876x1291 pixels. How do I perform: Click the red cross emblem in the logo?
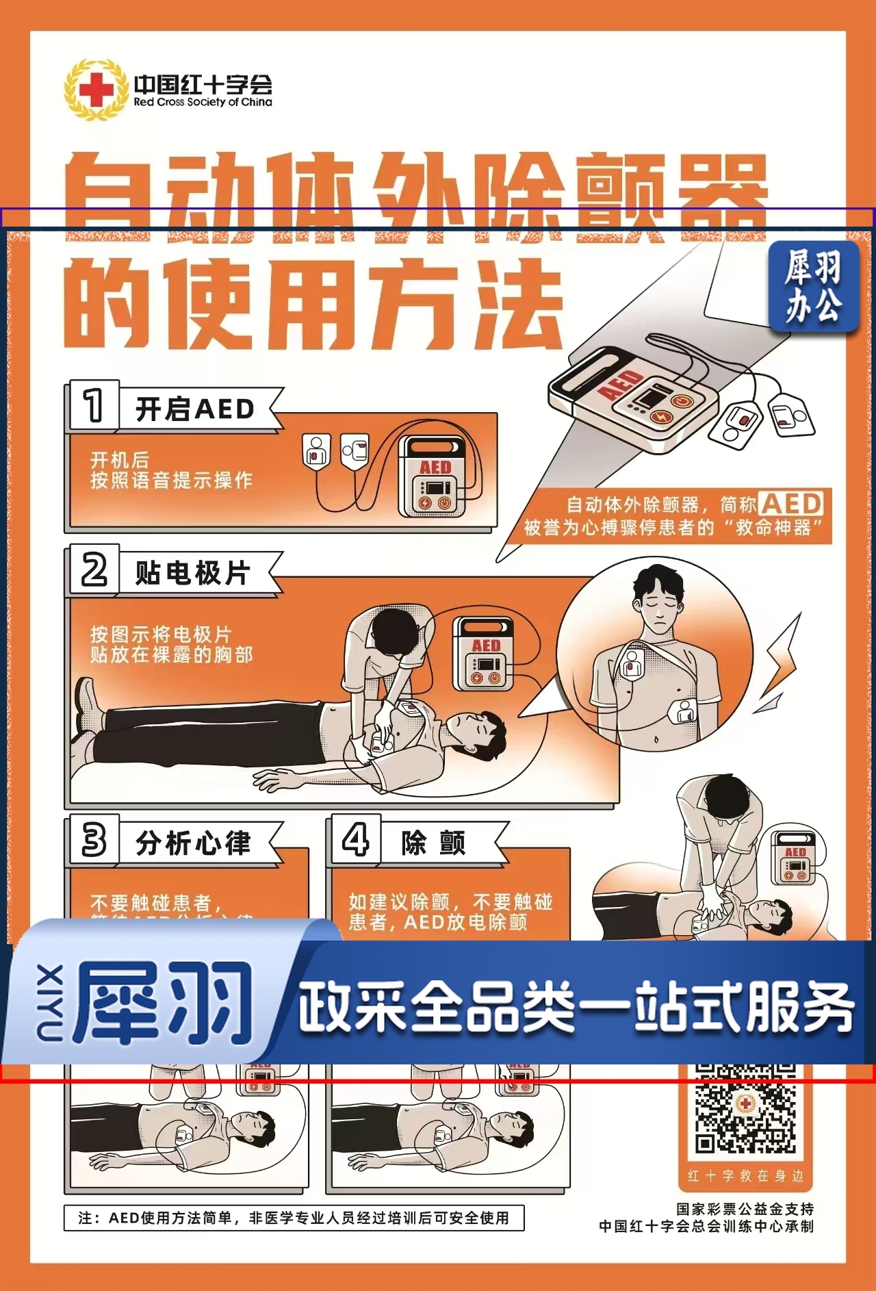[x=96, y=90]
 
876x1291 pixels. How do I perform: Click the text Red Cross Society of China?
[x=203, y=102]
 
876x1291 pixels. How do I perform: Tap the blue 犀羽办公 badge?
[x=812, y=286]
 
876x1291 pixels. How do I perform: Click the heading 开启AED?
[x=195, y=409]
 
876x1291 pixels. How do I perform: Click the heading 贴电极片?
[x=193, y=573]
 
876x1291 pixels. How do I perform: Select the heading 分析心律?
[x=194, y=843]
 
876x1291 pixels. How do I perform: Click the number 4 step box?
[x=355, y=839]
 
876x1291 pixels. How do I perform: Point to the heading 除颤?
[x=433, y=843]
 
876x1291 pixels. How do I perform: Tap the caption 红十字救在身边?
[x=745, y=1176]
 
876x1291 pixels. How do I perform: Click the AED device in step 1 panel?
[x=434, y=477]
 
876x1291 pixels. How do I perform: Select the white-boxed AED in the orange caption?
[x=791, y=504]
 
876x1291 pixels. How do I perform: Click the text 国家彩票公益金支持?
[x=745, y=1209]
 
